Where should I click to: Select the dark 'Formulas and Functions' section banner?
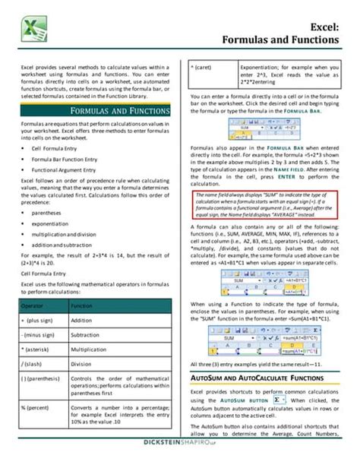(95, 111)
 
